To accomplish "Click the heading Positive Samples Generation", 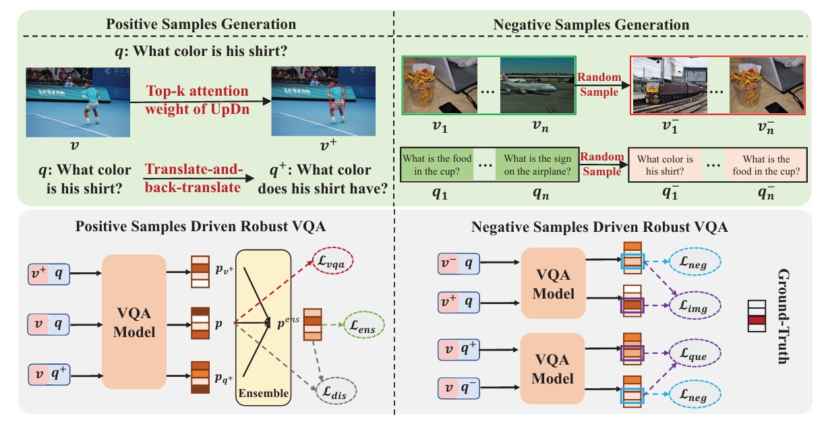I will coord(201,24).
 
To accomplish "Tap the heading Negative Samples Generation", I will coord(591,25).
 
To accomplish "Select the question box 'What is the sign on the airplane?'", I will coord(537,164).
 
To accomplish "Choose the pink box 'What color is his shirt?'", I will coord(666,164).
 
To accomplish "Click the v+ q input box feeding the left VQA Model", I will coord(51,274).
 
